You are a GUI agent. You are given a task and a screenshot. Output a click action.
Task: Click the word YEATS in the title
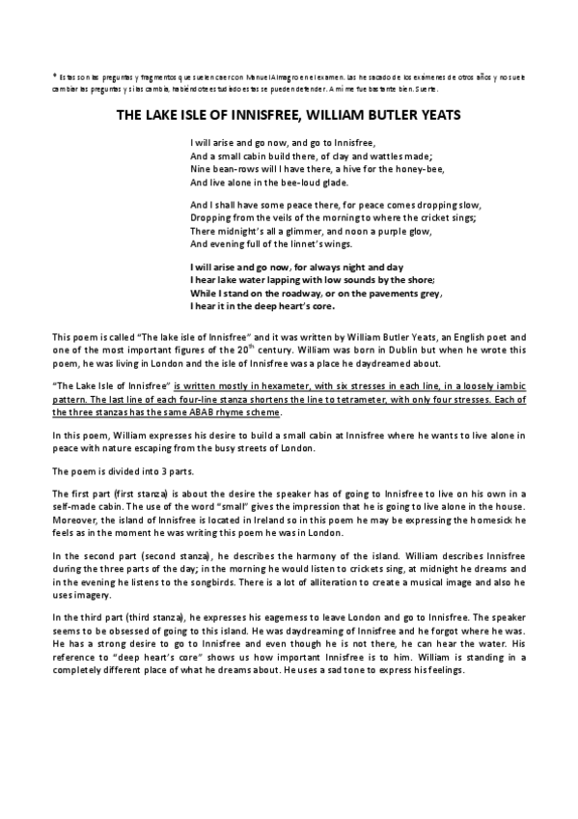point(437,113)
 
